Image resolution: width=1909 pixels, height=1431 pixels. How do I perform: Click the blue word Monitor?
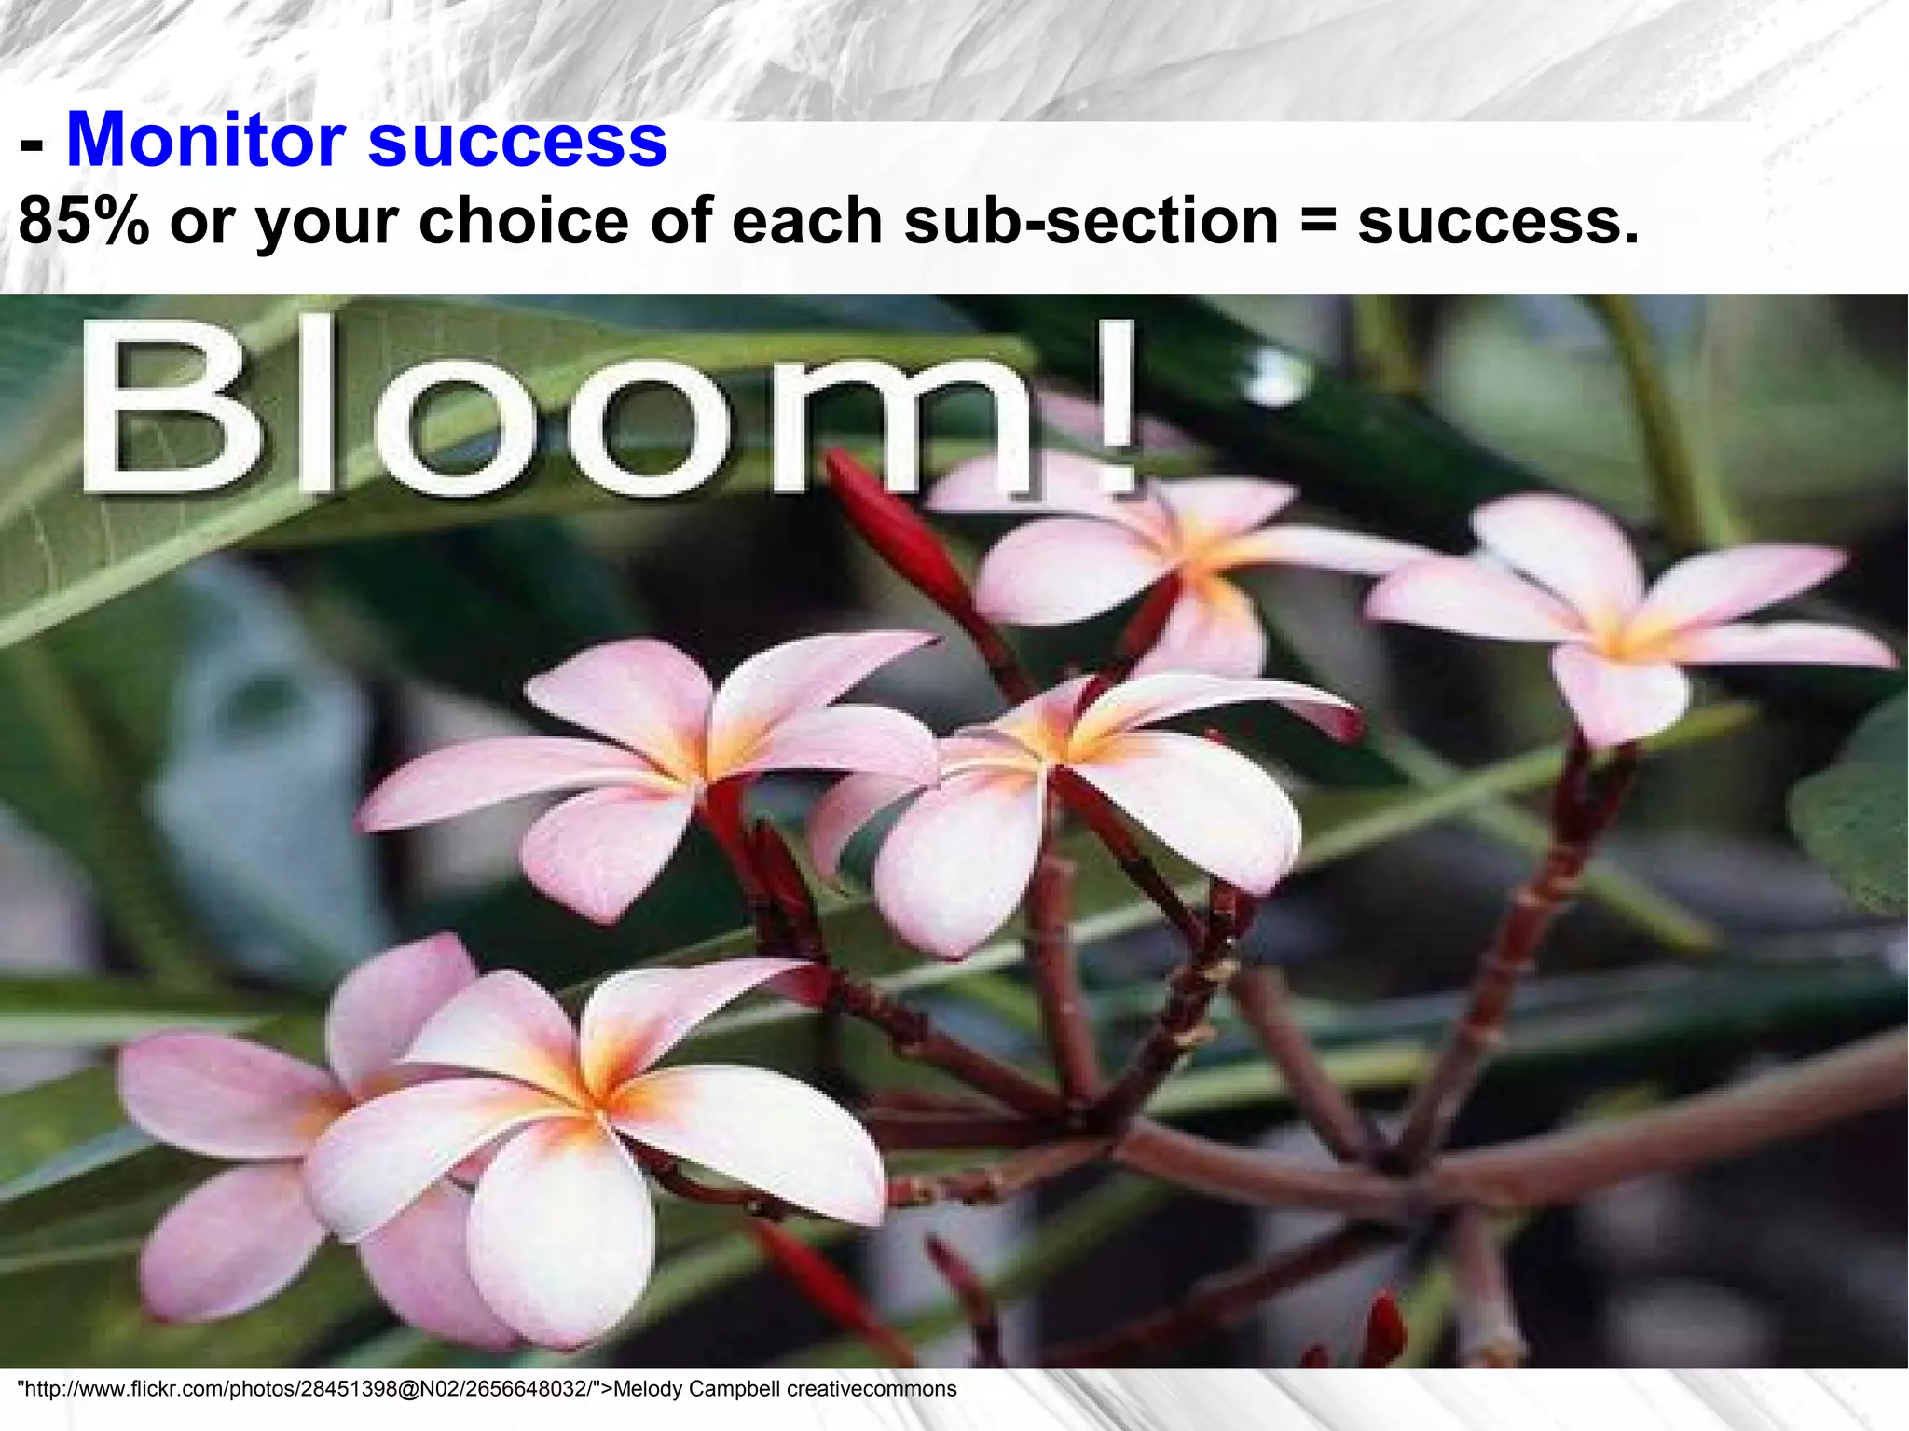(206, 140)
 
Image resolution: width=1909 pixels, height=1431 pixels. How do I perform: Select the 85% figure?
(84, 222)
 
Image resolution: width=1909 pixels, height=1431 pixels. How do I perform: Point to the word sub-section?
(1092, 222)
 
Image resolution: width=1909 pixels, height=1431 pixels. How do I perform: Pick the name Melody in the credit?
(648, 1389)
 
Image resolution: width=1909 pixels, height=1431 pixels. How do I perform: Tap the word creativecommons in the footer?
(872, 1389)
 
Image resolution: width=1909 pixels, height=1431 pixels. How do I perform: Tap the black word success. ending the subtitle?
(1497, 222)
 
